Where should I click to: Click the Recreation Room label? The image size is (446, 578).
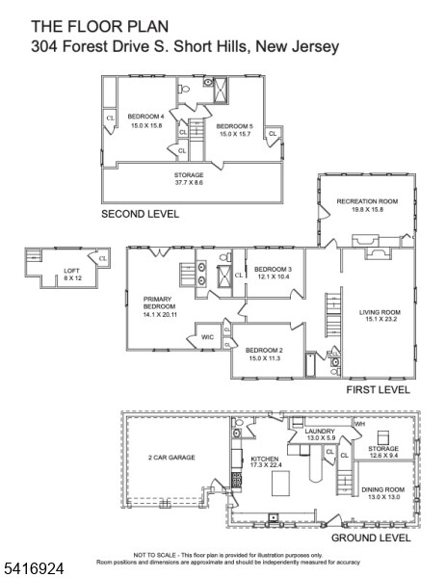coord(367,200)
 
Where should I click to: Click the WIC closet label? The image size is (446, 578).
coord(207,337)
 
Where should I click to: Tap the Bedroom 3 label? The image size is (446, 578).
coord(274,269)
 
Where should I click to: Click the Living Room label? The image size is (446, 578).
coord(380,311)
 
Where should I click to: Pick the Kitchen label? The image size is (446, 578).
coord(265,460)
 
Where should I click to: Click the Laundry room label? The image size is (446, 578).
coord(318,431)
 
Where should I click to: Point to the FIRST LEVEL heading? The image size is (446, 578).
coord(378,390)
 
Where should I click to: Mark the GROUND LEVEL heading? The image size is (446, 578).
coord(370,538)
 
